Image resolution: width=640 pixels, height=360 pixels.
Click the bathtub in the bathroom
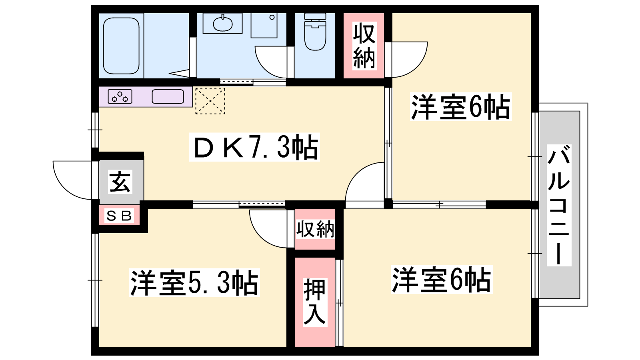pos(121,46)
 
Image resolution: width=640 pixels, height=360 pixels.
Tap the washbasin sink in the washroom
pos(223,24)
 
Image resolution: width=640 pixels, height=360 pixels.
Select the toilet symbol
pos(315,32)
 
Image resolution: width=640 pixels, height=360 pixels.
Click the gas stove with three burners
pos(120,96)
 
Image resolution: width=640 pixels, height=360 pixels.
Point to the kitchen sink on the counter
pos(168,96)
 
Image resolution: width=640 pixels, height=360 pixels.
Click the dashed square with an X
pos(210,101)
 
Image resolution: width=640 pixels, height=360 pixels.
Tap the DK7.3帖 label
pos(254,148)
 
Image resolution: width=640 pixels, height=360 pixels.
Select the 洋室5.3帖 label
pos(194,282)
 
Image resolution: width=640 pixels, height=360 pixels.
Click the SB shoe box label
pos(119,216)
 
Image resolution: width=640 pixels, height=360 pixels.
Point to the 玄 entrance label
pos(120,182)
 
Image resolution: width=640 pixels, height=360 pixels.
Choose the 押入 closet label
pos(314,302)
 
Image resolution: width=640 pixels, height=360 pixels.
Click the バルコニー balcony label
pos(559,205)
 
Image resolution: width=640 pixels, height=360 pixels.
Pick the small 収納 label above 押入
pos(315,229)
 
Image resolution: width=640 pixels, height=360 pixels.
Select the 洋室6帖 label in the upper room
pos(460,107)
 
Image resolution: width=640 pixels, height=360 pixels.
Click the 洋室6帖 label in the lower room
pos(442,280)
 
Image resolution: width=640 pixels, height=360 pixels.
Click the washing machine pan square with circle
pos(264,25)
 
